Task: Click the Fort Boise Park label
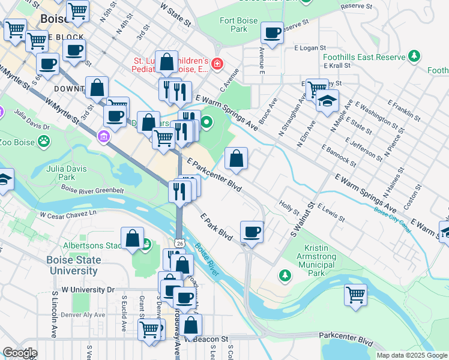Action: pos(238,25)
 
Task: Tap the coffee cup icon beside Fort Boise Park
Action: pos(273,34)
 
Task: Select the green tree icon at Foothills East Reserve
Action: pos(413,56)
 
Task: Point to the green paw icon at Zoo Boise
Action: pos(44,142)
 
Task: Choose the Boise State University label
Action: pos(73,265)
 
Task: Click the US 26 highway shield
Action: pos(179,243)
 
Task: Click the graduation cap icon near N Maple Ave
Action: pos(327,101)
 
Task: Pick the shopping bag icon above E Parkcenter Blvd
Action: pos(237,160)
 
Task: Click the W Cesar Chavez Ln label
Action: pos(68,214)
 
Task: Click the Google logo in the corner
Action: pos(20,353)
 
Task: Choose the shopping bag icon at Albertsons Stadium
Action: pos(132,239)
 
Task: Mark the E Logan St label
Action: pos(309,47)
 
